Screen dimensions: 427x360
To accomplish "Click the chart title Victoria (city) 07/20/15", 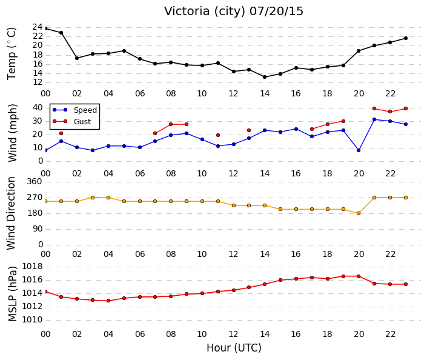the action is pos(233,12).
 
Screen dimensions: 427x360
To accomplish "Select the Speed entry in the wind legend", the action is pos(85,110).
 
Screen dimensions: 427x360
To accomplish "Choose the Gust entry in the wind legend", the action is pos(82,122).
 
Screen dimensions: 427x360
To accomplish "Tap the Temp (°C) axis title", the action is pos(12,54).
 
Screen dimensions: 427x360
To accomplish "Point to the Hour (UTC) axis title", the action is pos(234,348).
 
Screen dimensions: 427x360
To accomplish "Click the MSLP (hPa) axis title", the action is pos(13,293).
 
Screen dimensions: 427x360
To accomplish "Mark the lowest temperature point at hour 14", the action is pos(265,77).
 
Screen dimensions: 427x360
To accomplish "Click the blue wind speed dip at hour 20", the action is pos(359,150).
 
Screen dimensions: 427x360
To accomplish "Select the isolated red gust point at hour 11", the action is pos(218,135).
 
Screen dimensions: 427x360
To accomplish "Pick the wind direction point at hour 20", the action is pos(359,213).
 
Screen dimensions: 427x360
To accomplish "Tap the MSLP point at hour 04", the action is pos(108,301).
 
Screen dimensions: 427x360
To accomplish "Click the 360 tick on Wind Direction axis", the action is pos(35,181).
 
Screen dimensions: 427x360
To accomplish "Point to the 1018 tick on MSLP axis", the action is pos(32,266).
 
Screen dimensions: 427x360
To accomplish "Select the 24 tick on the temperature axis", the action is pos(38,27).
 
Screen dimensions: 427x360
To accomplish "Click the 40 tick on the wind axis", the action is pos(38,108).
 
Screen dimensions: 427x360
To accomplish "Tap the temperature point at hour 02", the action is pos(77,58).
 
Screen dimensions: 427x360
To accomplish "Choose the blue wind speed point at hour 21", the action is pos(374,119).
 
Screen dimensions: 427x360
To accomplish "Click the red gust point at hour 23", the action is pos(406,108).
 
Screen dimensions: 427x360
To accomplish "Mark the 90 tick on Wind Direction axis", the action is pos(38,229).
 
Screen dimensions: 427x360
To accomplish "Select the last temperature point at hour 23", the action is pos(406,38).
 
